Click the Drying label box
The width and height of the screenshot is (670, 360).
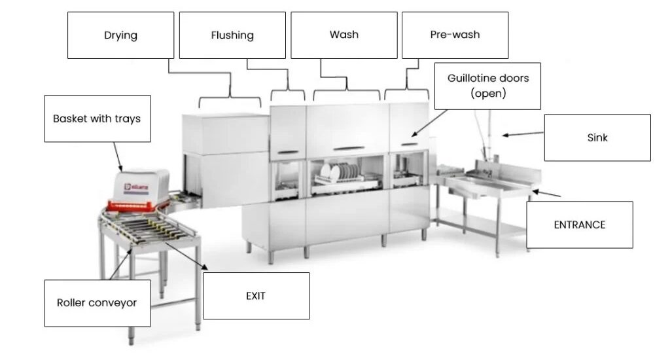[x=120, y=35]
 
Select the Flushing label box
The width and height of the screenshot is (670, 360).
[x=232, y=35]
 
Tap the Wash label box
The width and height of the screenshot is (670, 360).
[x=344, y=35]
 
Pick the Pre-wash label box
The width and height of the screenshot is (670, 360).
[x=455, y=35]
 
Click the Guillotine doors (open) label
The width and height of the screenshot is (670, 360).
[x=487, y=86]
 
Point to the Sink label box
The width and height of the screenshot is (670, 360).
[x=597, y=137]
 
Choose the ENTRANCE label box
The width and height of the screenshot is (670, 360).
[x=579, y=225]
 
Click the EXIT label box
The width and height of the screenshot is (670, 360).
[x=256, y=296]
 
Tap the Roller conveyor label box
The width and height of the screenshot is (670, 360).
[x=97, y=303]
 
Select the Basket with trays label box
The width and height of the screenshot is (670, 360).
[x=97, y=118]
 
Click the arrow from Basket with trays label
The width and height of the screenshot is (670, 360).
[x=117, y=157]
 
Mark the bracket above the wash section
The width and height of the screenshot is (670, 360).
[x=346, y=92]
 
